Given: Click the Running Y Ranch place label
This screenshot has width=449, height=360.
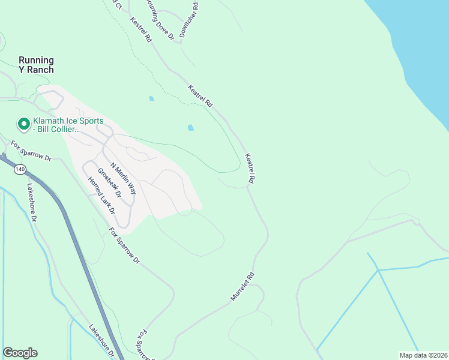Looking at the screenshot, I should (x=36, y=65).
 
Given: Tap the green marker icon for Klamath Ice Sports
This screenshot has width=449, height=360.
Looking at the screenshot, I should (x=24, y=124).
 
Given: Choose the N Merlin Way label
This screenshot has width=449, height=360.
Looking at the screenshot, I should (x=123, y=179).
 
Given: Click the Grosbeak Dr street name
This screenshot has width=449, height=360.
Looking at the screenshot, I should (x=109, y=182).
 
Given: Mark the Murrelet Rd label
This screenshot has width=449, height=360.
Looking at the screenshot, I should (x=243, y=287).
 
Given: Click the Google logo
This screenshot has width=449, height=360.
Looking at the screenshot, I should (x=20, y=353).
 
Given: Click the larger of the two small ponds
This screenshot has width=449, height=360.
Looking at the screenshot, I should (x=191, y=128).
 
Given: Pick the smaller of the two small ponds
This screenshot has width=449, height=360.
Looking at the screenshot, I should (x=151, y=98).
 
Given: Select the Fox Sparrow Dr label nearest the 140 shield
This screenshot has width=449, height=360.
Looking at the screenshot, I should (x=31, y=150).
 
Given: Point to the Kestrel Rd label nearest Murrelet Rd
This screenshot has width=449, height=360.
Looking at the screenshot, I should (x=250, y=169).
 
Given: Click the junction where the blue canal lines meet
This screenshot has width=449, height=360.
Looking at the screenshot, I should (x=378, y=271).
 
